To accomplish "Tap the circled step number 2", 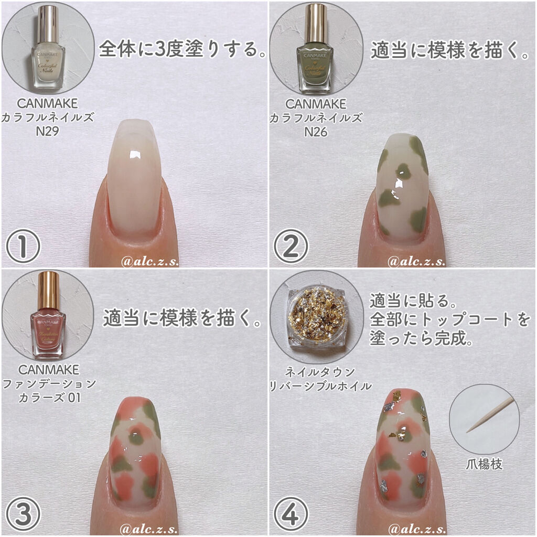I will [291, 245].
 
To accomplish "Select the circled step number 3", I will [23, 513].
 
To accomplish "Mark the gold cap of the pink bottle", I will [49, 290].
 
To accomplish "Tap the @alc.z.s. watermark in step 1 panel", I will [149, 261].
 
